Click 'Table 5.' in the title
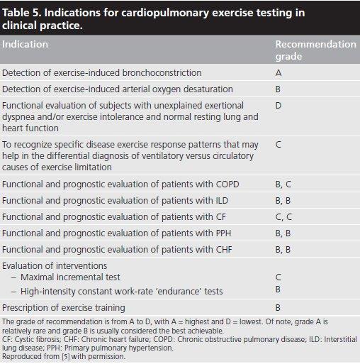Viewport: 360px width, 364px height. coord(22,13)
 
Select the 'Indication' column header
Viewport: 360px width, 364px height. coord(25,44)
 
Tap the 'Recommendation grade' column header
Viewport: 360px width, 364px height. coord(316,50)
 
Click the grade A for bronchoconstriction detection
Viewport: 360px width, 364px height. coord(279,72)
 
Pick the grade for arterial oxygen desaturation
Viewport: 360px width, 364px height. coord(278,89)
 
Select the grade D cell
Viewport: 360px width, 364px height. coord(279,106)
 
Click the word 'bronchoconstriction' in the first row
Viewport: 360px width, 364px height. coord(162,72)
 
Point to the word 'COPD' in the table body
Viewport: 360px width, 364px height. coord(227,184)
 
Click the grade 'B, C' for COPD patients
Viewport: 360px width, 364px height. coord(283,184)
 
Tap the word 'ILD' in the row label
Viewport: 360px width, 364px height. coord(222,200)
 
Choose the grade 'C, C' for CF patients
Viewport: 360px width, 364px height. coord(283,217)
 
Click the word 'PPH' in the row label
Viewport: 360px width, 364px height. coord(223,233)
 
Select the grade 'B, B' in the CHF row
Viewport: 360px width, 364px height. coord(283,250)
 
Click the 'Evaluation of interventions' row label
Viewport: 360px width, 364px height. coord(55,265)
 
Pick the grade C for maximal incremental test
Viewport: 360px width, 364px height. coord(279,277)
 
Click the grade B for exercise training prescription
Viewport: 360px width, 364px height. coord(278,308)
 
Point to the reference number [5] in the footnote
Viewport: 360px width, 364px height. coord(66,356)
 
